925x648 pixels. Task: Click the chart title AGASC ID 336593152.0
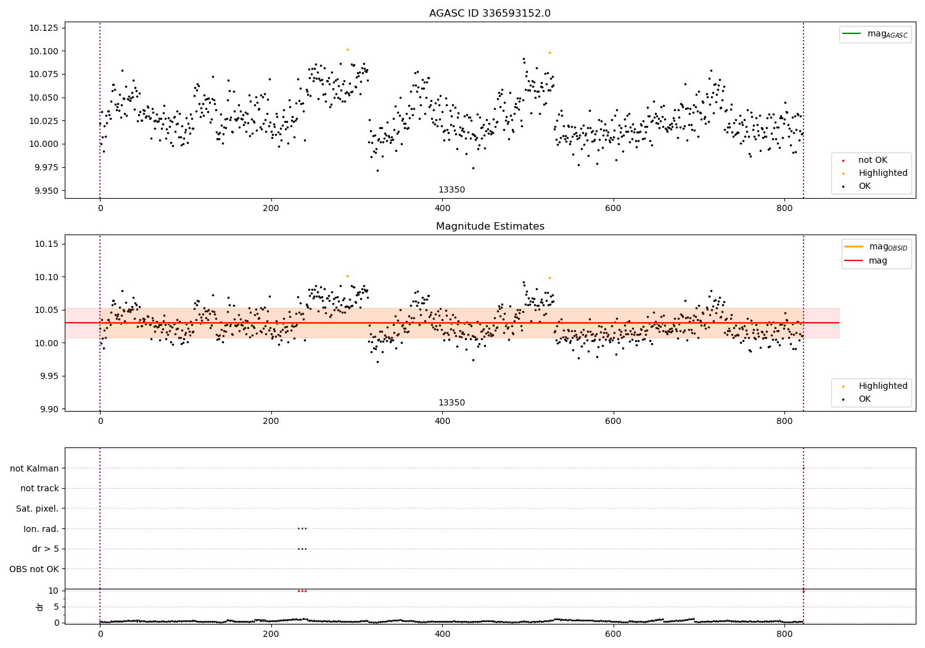[x=490, y=14]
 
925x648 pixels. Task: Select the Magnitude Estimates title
[x=490, y=226]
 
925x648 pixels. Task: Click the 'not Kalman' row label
[x=35, y=468]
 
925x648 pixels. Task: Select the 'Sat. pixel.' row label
[x=37, y=509]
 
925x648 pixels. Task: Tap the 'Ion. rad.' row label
[x=41, y=529]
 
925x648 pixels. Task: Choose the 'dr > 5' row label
[x=46, y=549]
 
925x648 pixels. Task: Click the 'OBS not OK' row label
[x=34, y=569]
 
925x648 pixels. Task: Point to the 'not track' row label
[x=39, y=488]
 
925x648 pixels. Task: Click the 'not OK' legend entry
[x=873, y=160]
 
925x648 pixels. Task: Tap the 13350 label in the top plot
[x=451, y=190]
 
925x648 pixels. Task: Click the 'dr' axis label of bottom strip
[x=40, y=607]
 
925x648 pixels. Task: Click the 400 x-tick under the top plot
[x=442, y=209]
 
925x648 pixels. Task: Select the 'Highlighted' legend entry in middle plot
[x=882, y=386]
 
